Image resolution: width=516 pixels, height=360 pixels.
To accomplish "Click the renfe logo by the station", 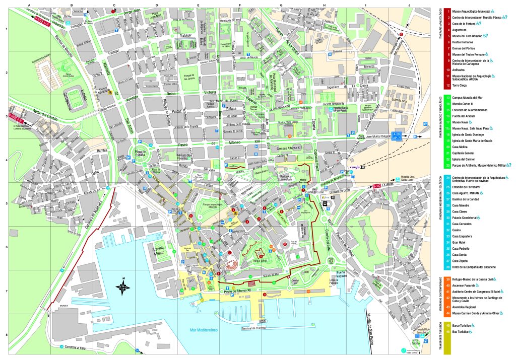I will [354, 167].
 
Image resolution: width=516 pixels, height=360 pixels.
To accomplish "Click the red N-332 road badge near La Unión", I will [376, 186].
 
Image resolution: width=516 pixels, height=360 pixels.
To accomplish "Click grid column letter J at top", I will [410, 5].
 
